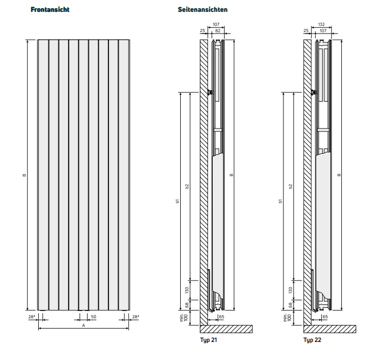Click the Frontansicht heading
tap(50, 9)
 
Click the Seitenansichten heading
tap(203, 9)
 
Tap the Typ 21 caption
tap(209, 340)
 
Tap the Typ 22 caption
tap(312, 340)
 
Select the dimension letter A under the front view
tap(84, 325)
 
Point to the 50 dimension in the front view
tap(93, 317)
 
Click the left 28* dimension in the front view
tap(32, 317)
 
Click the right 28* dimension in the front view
tap(136, 317)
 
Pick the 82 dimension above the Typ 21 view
tap(218, 30)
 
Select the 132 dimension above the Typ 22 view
tap(321, 24)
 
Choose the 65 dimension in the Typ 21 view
tap(221, 317)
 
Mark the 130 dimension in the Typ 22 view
tap(290, 290)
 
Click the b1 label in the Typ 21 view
tap(178, 201)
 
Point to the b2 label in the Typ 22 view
tap(290, 186)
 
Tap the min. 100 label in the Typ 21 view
tap(184, 318)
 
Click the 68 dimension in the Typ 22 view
tap(290, 305)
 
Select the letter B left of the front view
tap(24, 175)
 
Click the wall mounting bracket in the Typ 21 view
tap(211, 92)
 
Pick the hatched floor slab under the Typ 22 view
tap(330, 329)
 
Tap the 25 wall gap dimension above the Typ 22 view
tap(306, 30)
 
